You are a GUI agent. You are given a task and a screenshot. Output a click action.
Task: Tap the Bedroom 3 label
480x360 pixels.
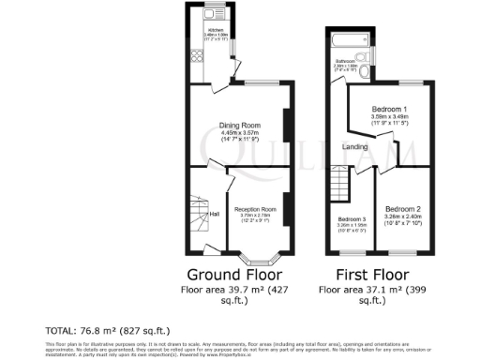(351, 220)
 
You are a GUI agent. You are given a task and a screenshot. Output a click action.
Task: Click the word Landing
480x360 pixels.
(354, 145)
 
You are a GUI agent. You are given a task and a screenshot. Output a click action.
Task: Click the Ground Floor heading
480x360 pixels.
(234, 275)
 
